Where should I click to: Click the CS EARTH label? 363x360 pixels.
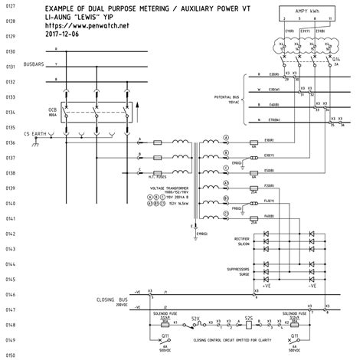point(38,134)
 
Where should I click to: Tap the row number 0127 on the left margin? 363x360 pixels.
point(11,7)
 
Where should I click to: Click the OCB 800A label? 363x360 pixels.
point(53,113)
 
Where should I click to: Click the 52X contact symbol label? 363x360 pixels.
point(196,317)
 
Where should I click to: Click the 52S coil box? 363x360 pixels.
point(248,324)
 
